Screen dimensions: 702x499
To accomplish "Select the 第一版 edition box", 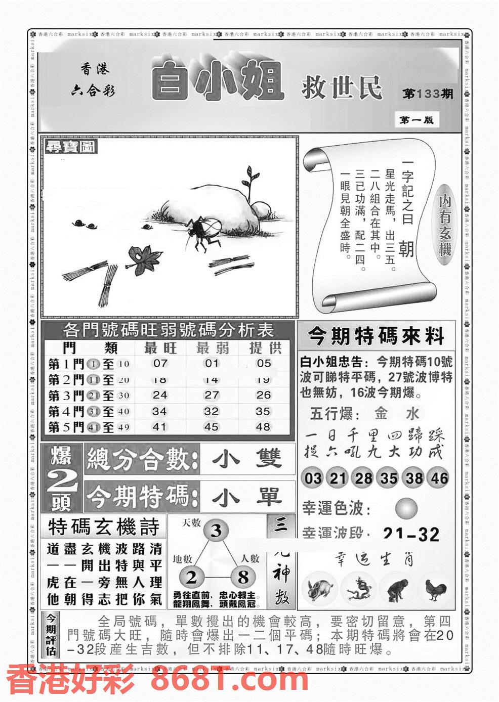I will pos(416,120).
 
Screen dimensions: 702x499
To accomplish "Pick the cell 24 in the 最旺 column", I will pos(160,395).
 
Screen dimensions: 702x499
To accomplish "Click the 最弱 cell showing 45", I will pos(211,427).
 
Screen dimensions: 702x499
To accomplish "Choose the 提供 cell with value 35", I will pos(263,411).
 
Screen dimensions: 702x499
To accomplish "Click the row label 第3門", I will pos(66,395).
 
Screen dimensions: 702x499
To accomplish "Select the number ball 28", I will pos(363,478).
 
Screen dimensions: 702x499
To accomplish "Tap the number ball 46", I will pos(438,478).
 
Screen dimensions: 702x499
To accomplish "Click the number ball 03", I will pos(313,478).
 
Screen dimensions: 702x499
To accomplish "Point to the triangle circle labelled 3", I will pos(216,531).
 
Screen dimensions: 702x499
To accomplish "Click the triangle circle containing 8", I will pos(243,577).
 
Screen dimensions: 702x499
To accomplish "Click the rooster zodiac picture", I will pos(436,590).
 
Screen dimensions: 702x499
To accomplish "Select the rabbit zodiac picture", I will pos(320,590).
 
